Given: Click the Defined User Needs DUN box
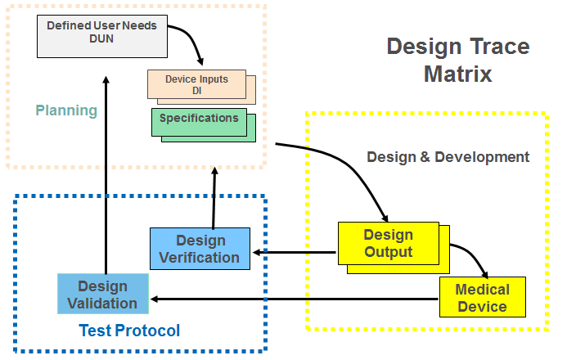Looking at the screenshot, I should pyautogui.click(x=102, y=33).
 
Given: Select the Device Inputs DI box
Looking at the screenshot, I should pyautogui.click(x=196, y=84).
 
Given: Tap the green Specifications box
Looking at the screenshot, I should pyautogui.click(x=199, y=120).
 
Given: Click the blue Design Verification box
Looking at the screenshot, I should pyautogui.click(x=200, y=249).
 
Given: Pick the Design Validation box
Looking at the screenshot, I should pyautogui.click(x=103, y=295).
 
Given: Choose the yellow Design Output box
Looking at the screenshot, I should pyautogui.click(x=388, y=243).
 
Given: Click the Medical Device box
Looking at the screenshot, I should pyautogui.click(x=482, y=298).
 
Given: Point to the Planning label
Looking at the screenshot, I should pyautogui.click(x=66, y=110).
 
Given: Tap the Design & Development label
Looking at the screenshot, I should pyautogui.click(x=448, y=156).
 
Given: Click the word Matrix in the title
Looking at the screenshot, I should pyautogui.click(x=457, y=74).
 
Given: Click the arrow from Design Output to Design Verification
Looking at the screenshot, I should pyautogui.click(x=295, y=251).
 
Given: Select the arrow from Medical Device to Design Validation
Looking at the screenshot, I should pyautogui.click(x=295, y=299).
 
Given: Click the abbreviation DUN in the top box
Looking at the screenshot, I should pyautogui.click(x=102, y=38).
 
